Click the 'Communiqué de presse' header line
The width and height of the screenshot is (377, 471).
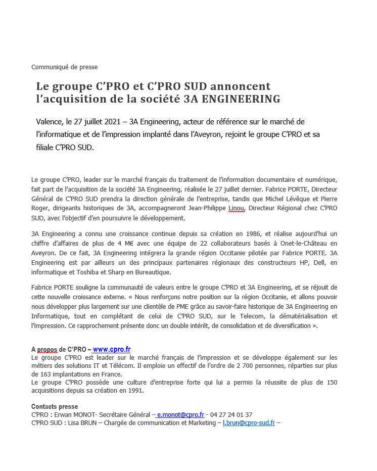64,67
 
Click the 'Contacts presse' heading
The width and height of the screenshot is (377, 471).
55,406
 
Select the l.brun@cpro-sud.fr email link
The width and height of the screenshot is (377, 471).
249,422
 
